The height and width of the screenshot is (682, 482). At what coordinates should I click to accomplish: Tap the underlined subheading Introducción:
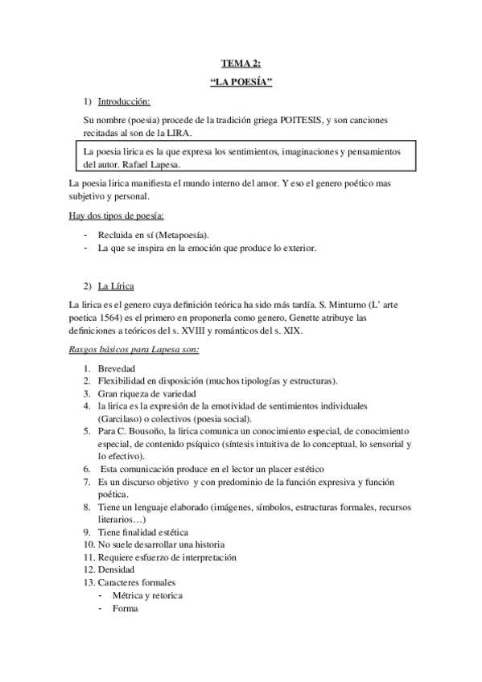click(x=124, y=101)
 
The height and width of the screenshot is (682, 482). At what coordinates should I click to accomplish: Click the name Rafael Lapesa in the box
click(x=175, y=164)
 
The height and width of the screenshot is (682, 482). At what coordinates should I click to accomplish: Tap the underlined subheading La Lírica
click(x=116, y=287)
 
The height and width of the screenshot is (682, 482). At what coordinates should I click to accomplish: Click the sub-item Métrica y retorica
click(x=147, y=595)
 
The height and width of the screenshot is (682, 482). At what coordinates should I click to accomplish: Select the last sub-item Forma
click(x=126, y=608)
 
